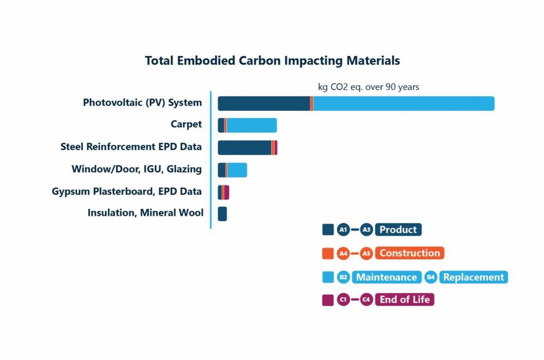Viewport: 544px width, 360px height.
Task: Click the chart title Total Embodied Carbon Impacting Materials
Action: click(272, 60)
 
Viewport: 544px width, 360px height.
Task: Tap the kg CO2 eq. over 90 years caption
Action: click(368, 87)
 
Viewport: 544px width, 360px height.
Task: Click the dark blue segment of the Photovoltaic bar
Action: click(264, 103)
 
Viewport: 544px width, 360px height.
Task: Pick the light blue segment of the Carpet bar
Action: click(251, 125)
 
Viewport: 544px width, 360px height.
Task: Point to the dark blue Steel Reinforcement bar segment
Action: click(244, 147)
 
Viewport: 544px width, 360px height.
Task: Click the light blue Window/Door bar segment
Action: click(237, 170)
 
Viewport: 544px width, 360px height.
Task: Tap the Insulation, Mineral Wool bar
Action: click(222, 214)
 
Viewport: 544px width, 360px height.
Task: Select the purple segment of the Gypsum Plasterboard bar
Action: click(226, 192)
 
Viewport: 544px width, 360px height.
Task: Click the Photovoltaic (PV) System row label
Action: click(142, 103)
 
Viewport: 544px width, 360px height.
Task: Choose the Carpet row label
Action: click(186, 125)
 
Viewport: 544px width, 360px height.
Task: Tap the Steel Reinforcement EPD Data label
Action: click(131, 147)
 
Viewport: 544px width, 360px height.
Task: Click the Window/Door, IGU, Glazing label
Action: click(137, 169)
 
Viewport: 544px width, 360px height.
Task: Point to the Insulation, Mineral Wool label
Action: click(145, 213)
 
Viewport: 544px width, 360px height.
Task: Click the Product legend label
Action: click(398, 229)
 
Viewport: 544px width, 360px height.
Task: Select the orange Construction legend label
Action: click(410, 253)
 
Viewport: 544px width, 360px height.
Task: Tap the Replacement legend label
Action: click(473, 277)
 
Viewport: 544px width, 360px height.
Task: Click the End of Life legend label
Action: click(404, 300)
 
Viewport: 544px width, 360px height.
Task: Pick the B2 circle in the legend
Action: click(343, 277)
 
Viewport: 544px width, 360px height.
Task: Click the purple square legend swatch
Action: click(327, 300)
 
